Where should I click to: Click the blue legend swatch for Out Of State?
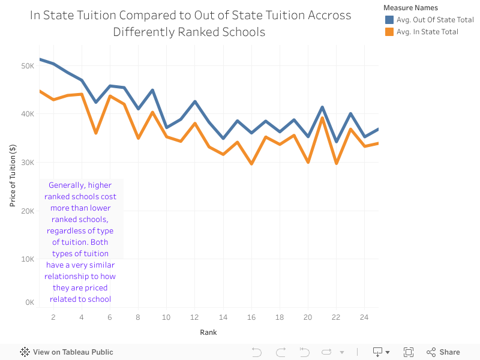tap(389, 20)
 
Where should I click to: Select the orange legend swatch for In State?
tap(389, 32)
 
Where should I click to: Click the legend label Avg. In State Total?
tap(427, 32)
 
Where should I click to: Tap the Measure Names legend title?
tap(410, 8)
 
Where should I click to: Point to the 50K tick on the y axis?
tap(28, 65)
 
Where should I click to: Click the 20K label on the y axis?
tap(28, 211)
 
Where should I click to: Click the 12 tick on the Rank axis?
tap(194, 317)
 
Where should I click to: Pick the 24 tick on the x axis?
tap(364, 317)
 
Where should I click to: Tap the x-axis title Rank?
tap(208, 332)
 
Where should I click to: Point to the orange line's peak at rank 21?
tap(322, 118)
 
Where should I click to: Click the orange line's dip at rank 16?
tap(251, 163)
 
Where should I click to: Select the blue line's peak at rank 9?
tap(152, 91)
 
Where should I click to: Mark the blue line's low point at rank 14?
tap(223, 138)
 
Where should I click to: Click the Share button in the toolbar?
tap(443, 352)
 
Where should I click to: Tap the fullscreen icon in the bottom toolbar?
tap(409, 352)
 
